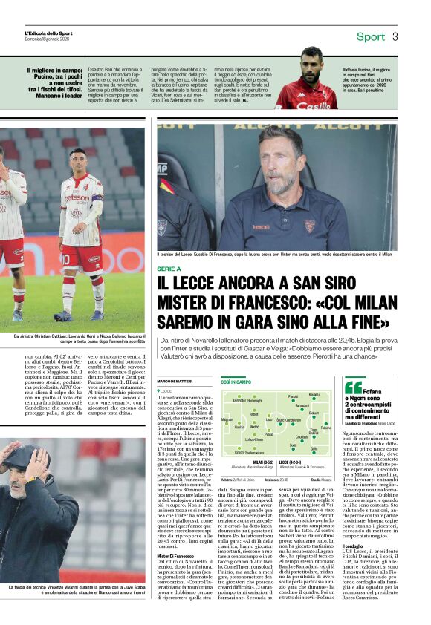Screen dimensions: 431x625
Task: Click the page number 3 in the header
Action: pyautogui.click(x=396, y=36)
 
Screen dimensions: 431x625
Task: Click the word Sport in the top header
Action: pyautogui.click(x=370, y=36)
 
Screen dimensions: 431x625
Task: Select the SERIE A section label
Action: pyautogui.click(x=169, y=269)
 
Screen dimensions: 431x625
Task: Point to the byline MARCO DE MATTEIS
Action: pyautogui.click(x=173, y=381)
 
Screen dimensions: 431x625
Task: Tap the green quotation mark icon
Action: pyautogui.click(x=354, y=387)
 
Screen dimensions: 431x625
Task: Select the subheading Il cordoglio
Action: pyautogui.click(x=354, y=546)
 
